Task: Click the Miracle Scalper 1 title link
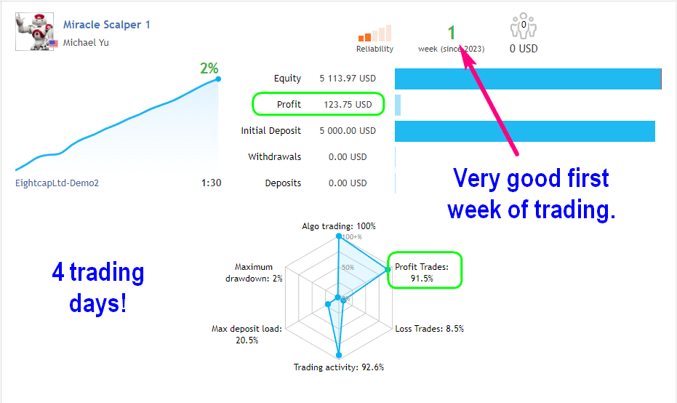[107, 25]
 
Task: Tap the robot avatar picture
[35, 31]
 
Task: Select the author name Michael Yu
[86, 42]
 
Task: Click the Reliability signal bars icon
[374, 33]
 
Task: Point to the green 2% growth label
[209, 68]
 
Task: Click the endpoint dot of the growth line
[218, 79]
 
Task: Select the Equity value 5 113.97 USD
[348, 78]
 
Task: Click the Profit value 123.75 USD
[348, 105]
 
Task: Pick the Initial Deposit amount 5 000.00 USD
[348, 130]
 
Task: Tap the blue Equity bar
[528, 79]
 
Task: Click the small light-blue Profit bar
[398, 105]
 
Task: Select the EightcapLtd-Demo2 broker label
[57, 183]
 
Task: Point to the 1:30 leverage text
[211, 183]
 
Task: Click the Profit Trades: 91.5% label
[422, 273]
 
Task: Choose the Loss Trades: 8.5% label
[430, 329]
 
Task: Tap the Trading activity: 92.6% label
[339, 367]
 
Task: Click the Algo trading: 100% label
[339, 226]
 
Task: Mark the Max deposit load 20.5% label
[247, 335]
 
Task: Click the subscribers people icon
[524, 26]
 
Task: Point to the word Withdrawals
[275, 157]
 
